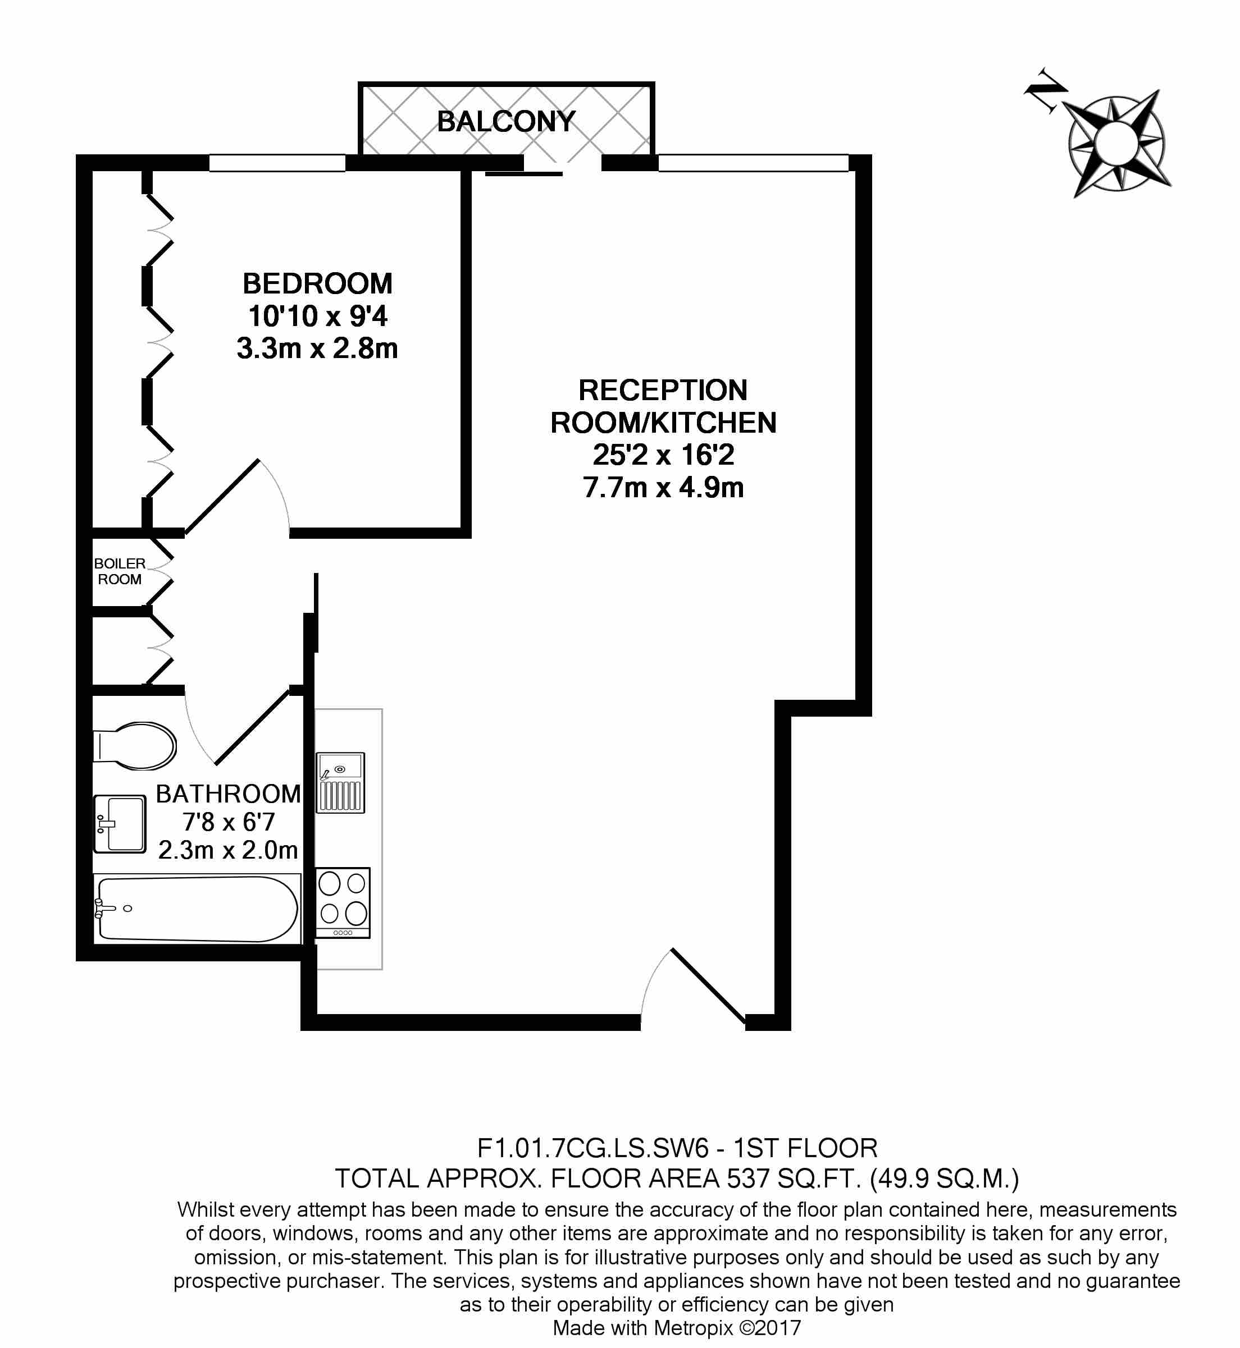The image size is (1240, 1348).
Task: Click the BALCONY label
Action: (x=506, y=121)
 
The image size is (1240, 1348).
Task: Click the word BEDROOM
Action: (x=317, y=283)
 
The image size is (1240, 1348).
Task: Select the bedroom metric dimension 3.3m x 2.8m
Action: (x=317, y=349)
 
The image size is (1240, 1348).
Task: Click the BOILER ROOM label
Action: (x=120, y=571)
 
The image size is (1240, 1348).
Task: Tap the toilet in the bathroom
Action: (x=134, y=746)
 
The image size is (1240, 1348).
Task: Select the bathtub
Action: (x=197, y=909)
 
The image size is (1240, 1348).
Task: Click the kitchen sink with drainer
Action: (x=340, y=783)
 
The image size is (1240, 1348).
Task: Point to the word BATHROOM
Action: (x=228, y=794)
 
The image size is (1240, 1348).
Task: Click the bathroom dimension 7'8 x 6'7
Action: (x=228, y=822)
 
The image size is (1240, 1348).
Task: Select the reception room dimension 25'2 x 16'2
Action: (x=664, y=455)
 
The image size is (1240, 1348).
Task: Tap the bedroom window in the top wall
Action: (x=277, y=163)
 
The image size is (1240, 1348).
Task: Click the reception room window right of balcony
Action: (x=754, y=163)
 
